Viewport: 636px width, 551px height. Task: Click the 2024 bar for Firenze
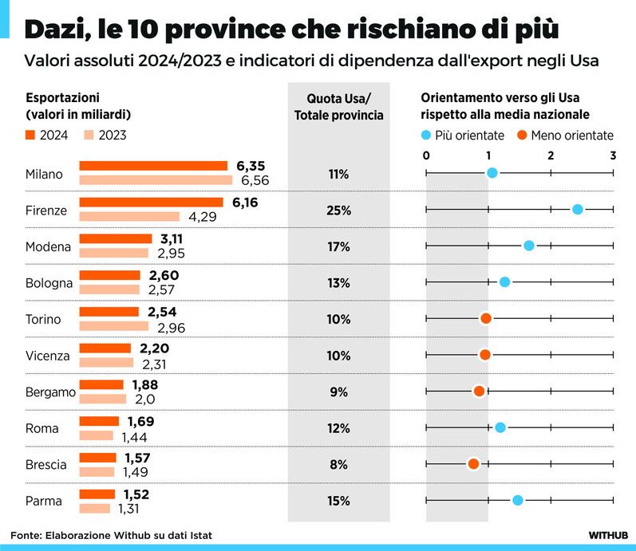click(151, 203)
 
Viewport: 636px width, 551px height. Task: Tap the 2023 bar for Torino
click(113, 326)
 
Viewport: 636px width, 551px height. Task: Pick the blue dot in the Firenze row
click(578, 209)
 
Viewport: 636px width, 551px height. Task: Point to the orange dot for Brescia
click(473, 463)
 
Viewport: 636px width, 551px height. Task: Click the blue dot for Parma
click(517, 500)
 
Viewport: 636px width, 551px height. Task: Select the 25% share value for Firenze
click(338, 211)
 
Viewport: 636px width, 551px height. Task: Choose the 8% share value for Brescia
click(338, 464)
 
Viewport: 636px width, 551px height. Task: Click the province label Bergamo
click(50, 392)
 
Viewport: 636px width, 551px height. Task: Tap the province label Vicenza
click(48, 356)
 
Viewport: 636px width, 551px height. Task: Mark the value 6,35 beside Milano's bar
click(251, 166)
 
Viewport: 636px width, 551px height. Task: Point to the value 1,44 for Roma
click(135, 436)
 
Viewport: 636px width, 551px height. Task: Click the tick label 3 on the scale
click(612, 155)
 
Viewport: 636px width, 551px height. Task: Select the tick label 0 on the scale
click(426, 155)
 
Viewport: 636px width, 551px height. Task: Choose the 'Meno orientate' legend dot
click(523, 135)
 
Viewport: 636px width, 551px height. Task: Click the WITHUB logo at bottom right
click(608, 534)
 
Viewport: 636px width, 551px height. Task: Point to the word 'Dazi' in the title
click(54, 31)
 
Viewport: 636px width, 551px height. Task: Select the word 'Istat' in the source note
click(199, 534)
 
